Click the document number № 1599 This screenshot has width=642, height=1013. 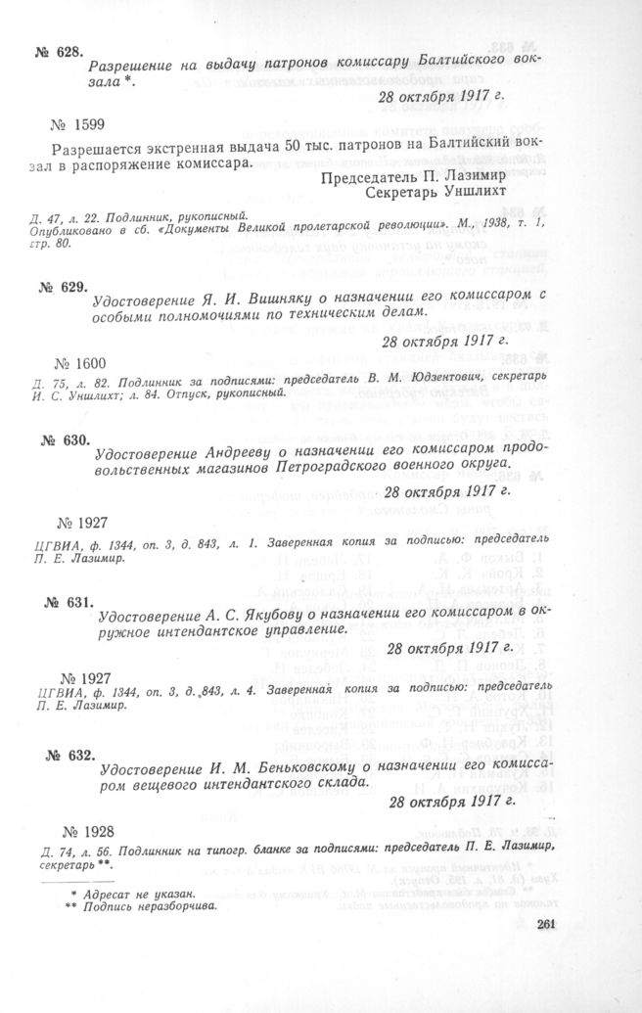coord(84,124)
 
